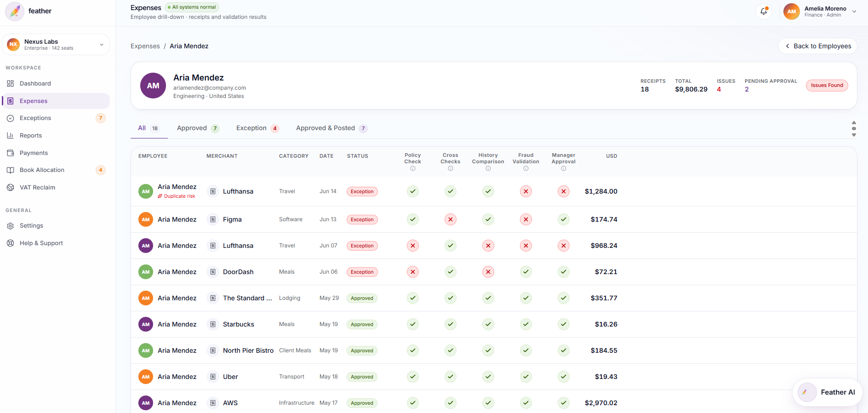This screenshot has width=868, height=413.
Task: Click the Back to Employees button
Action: tap(817, 46)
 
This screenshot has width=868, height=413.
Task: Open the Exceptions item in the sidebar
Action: tap(35, 118)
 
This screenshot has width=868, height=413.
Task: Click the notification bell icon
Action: tap(764, 11)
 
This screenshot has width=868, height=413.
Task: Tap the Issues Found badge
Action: tap(827, 86)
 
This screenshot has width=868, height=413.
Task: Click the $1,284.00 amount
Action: tap(601, 191)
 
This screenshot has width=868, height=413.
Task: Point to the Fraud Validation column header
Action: tap(526, 158)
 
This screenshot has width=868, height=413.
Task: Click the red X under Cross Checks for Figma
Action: tap(451, 219)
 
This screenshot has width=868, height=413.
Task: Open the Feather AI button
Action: tap(828, 392)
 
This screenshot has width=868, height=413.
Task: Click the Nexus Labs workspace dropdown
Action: tap(56, 45)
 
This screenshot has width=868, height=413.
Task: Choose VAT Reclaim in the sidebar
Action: tap(37, 188)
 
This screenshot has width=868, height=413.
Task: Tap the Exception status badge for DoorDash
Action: tap(362, 272)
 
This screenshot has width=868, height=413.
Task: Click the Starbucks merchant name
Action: tap(239, 324)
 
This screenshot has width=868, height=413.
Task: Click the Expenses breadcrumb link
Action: tap(145, 46)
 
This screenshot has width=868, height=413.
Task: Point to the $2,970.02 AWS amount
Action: tap(601, 403)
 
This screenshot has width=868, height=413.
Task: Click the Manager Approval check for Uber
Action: tap(564, 377)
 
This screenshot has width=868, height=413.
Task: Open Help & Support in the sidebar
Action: tap(41, 243)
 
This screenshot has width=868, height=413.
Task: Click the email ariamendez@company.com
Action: tap(210, 88)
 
